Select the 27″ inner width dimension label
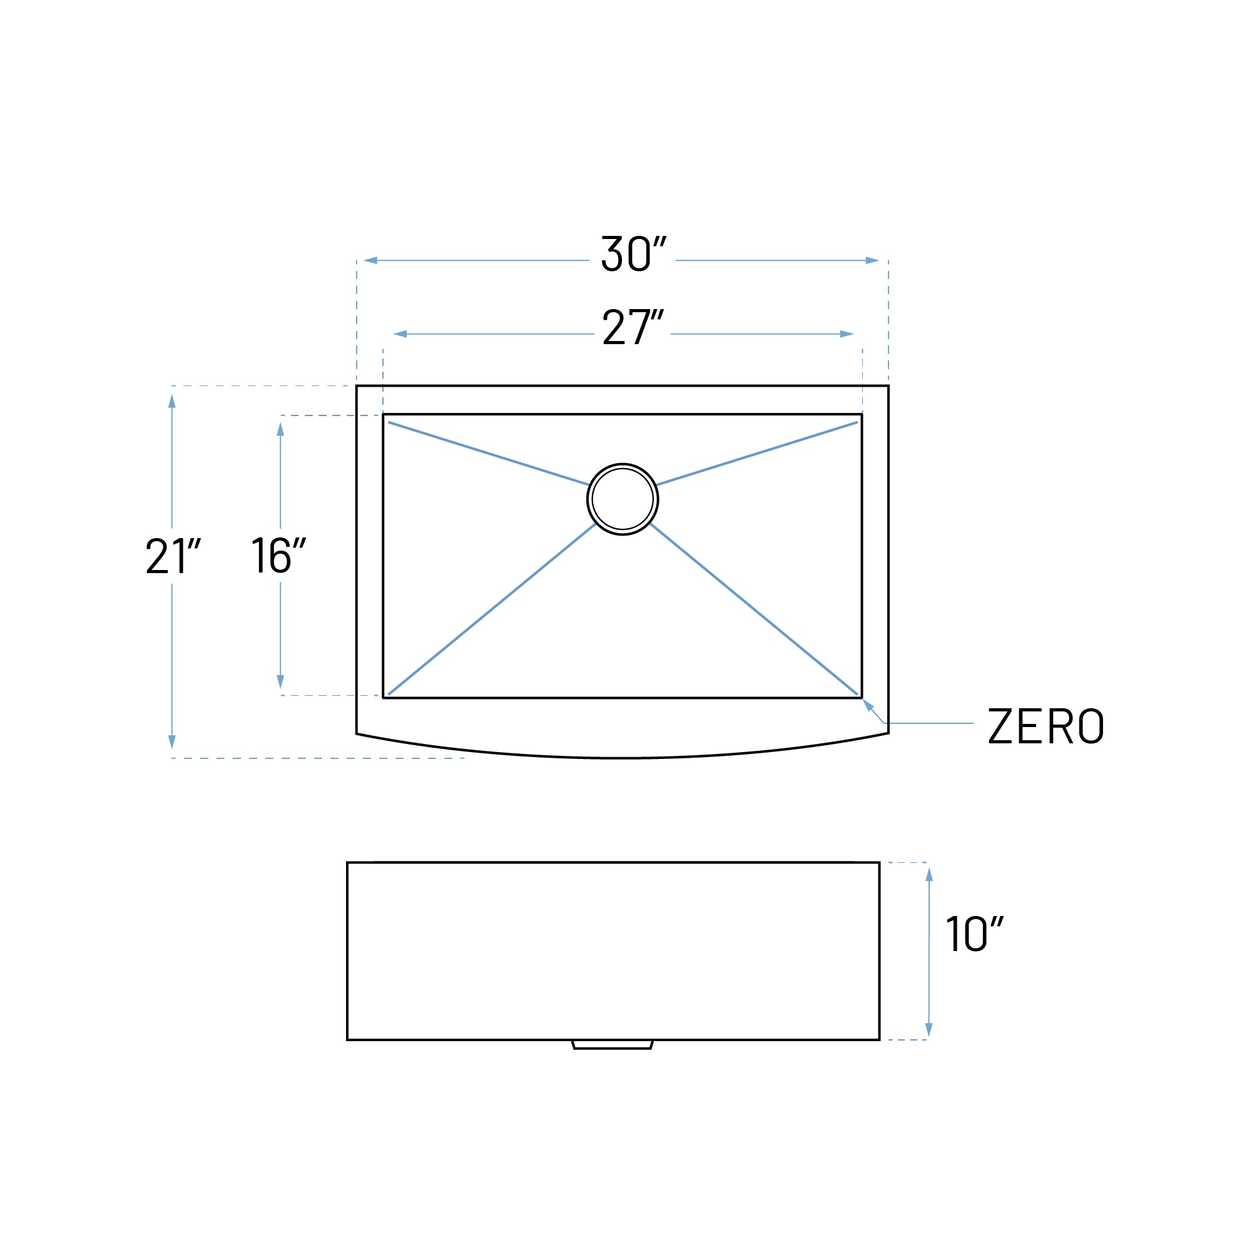633,327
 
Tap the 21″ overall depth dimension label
173,556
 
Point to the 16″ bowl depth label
278,555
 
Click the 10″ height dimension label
975,934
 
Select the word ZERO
1046,726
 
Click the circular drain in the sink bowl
623,499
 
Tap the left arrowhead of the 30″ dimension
370,260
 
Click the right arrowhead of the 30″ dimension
872,260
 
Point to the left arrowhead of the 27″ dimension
400,334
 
